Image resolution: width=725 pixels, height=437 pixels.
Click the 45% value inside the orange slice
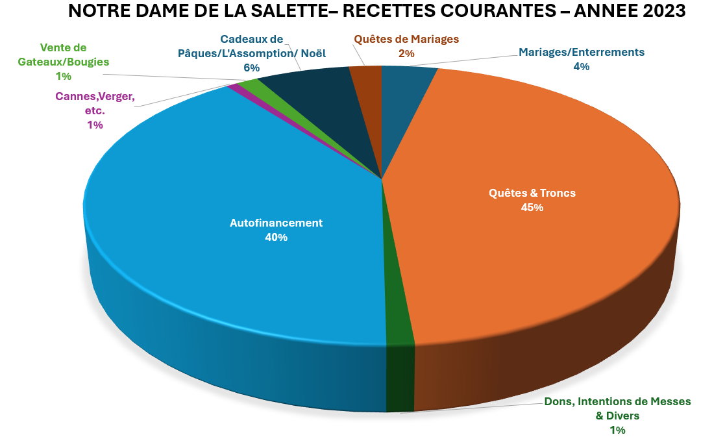point(532,208)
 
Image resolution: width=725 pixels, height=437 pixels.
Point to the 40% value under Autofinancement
point(276,238)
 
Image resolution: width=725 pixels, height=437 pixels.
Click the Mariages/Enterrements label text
point(581,52)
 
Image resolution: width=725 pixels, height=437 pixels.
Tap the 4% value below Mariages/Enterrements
point(581,66)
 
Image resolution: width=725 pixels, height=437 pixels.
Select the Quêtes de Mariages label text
point(406,39)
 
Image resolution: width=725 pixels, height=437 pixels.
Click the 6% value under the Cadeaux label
point(252,68)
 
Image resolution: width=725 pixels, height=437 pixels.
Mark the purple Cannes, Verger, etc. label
point(95,103)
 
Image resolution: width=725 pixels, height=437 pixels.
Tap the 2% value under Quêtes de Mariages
point(406,54)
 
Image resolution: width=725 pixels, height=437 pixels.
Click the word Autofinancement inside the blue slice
point(276,223)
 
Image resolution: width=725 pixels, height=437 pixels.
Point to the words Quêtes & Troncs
point(532,193)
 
